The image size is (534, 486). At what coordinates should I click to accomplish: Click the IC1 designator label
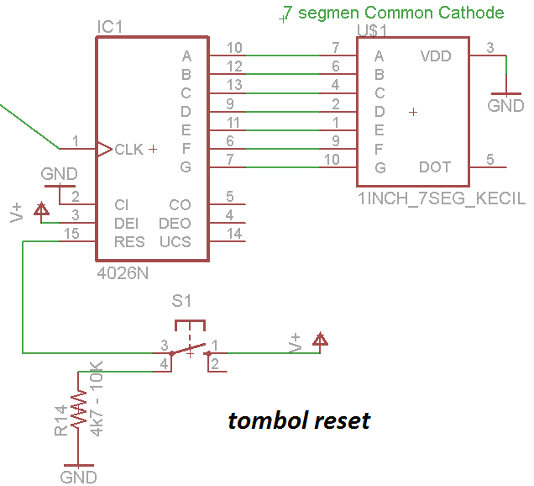[110, 28]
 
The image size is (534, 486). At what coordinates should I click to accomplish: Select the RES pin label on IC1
[129, 242]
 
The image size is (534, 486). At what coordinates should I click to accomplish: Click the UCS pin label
[175, 242]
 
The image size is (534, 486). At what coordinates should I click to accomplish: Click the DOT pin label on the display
[435, 168]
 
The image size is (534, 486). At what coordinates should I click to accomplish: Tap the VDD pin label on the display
[435, 57]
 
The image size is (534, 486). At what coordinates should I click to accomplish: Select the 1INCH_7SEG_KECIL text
[442, 199]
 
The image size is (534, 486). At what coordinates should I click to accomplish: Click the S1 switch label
[181, 300]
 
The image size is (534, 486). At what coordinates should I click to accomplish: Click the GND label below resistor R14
[78, 477]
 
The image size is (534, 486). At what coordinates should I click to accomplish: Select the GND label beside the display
[505, 107]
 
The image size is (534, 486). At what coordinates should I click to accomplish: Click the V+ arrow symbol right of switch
[319, 340]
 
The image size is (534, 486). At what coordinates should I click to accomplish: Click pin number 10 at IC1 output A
[234, 48]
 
